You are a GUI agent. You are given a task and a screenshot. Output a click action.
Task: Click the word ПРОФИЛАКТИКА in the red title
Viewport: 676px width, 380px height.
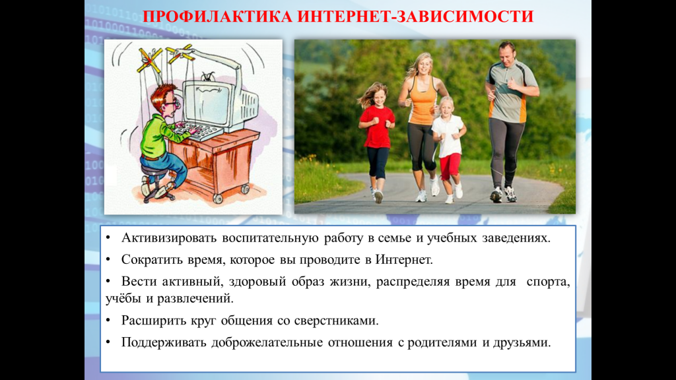coord(217,16)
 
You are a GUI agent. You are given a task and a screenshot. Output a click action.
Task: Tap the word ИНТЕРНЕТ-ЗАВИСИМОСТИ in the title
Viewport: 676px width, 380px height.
coord(416,16)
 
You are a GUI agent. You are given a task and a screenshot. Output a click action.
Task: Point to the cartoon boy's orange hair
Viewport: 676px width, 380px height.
coord(162,94)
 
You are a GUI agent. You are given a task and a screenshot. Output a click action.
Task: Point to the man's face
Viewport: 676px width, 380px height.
coord(506,54)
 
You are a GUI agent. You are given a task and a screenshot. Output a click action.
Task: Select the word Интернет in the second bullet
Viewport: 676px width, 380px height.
coord(403,260)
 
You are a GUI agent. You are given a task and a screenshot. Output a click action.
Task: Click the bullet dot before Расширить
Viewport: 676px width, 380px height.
coord(108,321)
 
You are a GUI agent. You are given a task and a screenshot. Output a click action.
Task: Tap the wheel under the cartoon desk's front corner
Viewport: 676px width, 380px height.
coord(218,199)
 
